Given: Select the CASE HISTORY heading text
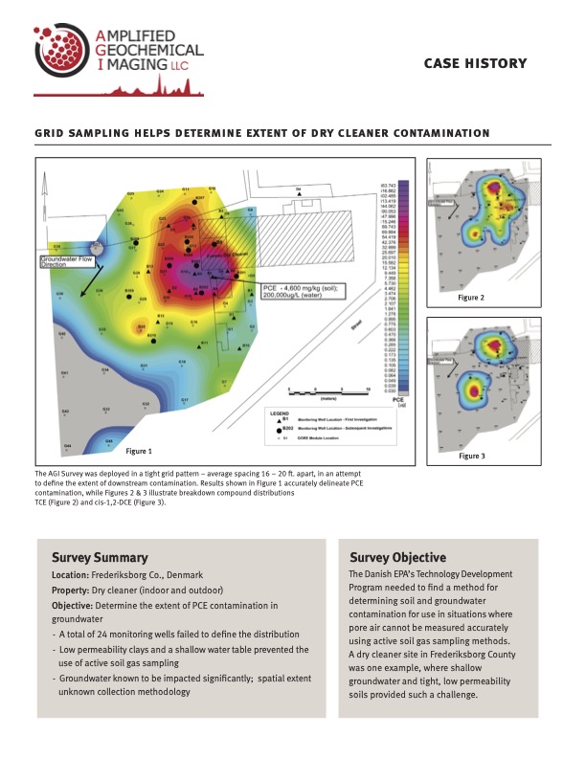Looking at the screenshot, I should tap(475, 63).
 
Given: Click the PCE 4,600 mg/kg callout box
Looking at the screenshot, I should tap(303, 293).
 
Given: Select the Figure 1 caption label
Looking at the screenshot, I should tap(139, 450).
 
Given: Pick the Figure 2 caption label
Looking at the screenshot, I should tap(470, 299).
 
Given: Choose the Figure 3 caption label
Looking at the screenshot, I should tap(470, 456).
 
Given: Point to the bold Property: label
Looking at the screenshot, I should tap(75, 591).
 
